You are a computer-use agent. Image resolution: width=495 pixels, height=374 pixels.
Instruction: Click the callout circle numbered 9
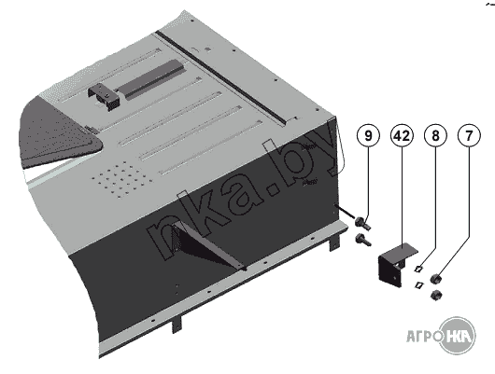[368, 135]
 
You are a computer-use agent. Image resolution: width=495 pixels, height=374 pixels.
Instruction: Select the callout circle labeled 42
[402, 135]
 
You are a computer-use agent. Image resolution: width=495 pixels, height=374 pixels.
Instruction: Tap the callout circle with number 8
[435, 135]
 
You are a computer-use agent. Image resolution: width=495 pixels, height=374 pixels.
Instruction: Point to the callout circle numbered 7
[469, 135]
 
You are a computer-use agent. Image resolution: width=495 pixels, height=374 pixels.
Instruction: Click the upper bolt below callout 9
[362, 223]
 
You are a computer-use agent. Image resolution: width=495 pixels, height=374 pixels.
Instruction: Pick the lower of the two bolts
[362, 239]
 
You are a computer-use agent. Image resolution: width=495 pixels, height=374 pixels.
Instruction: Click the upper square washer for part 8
[419, 269]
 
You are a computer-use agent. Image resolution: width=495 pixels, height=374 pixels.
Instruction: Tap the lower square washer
[418, 284]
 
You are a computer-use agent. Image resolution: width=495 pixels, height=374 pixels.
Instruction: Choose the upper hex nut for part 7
[436, 279]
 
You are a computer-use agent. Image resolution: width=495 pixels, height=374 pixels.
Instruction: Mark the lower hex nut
[436, 295]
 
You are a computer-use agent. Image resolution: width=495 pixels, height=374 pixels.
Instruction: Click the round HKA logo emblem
[458, 336]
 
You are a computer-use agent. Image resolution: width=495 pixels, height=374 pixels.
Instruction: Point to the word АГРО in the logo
[423, 336]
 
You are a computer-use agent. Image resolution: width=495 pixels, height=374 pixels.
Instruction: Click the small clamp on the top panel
[105, 98]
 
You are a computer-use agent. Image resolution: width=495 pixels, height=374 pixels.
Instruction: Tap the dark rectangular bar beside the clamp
[150, 78]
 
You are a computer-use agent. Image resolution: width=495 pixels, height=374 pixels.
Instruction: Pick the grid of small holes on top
[122, 180]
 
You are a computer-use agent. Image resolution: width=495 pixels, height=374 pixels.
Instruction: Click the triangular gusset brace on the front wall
[208, 246]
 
